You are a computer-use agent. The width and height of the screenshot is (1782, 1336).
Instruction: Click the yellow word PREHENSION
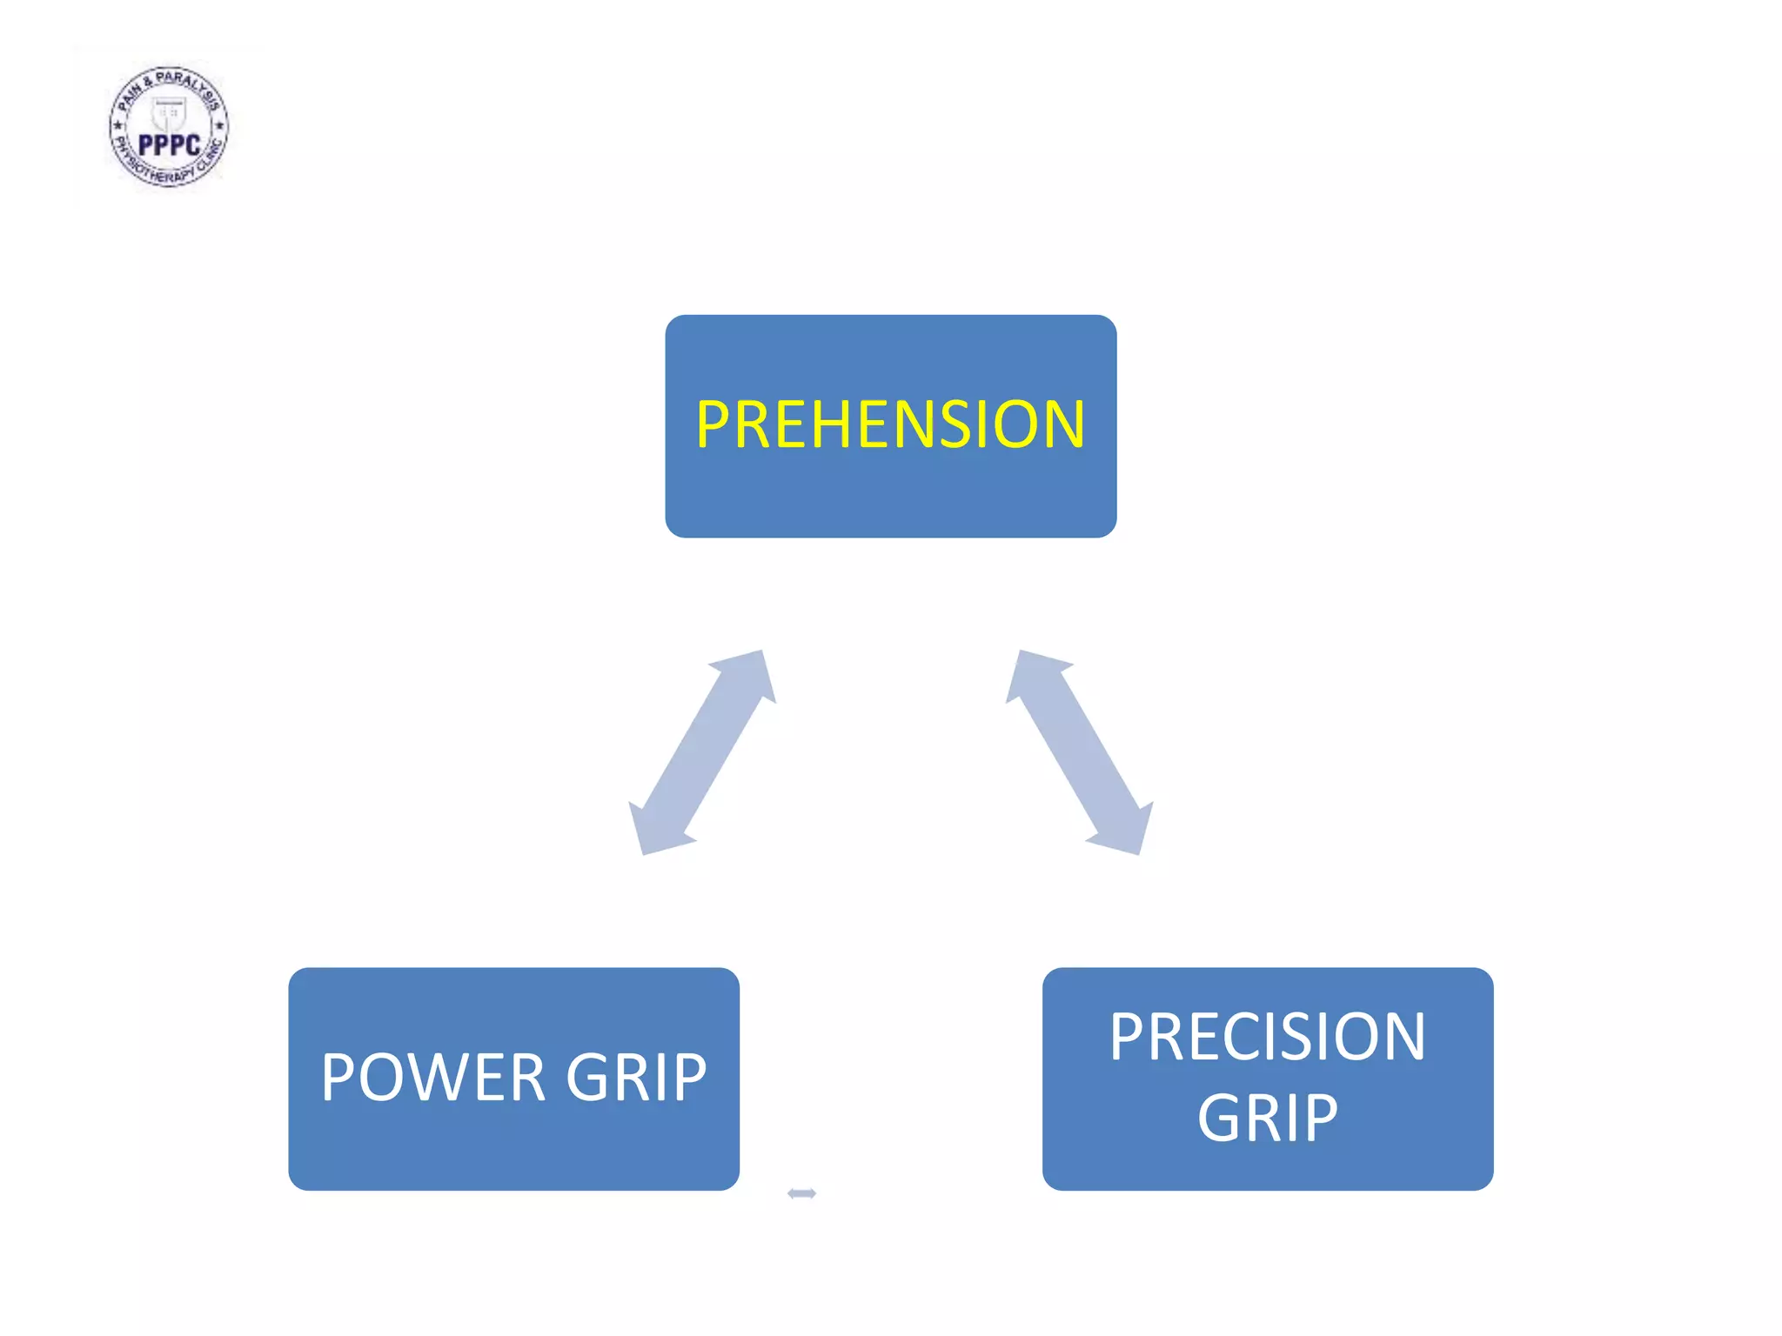[890, 424]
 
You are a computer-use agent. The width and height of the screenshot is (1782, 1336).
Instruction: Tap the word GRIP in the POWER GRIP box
[636, 1078]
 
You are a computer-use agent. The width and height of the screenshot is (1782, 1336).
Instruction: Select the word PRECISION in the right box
[1267, 1037]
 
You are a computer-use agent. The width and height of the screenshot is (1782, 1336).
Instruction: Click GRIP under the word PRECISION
[1267, 1119]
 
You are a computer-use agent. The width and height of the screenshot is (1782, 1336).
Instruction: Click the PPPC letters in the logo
[170, 145]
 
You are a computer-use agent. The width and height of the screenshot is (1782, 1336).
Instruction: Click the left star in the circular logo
[118, 125]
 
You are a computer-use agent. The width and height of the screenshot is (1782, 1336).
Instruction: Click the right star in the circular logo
[219, 126]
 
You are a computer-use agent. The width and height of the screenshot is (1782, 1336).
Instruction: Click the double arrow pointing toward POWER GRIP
[701, 752]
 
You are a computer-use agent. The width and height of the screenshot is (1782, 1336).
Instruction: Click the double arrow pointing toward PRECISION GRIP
[1080, 752]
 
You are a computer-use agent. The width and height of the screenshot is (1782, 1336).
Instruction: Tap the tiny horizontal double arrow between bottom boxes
[801, 1193]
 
